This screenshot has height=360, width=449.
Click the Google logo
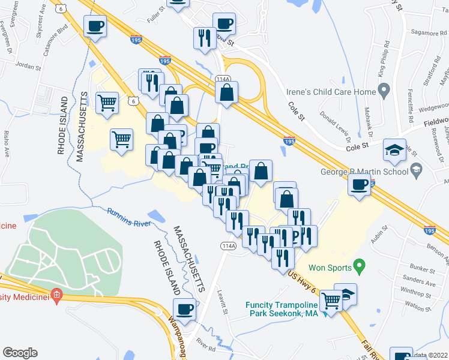pyautogui.click(x=20, y=353)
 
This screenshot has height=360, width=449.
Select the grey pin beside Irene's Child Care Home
pyautogui.click(x=385, y=91)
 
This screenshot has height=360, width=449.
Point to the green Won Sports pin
pyautogui.click(x=360, y=264)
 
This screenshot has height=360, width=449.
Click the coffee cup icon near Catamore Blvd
pyautogui.click(x=95, y=26)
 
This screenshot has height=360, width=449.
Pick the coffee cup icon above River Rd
pyautogui.click(x=184, y=310)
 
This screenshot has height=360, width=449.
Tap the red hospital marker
pyautogui.click(x=57, y=295)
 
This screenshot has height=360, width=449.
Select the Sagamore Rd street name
pyautogui.click(x=427, y=34)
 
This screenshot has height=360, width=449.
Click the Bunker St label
pyautogui.click(x=421, y=269)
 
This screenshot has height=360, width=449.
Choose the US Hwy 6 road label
pyautogui.click(x=304, y=282)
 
